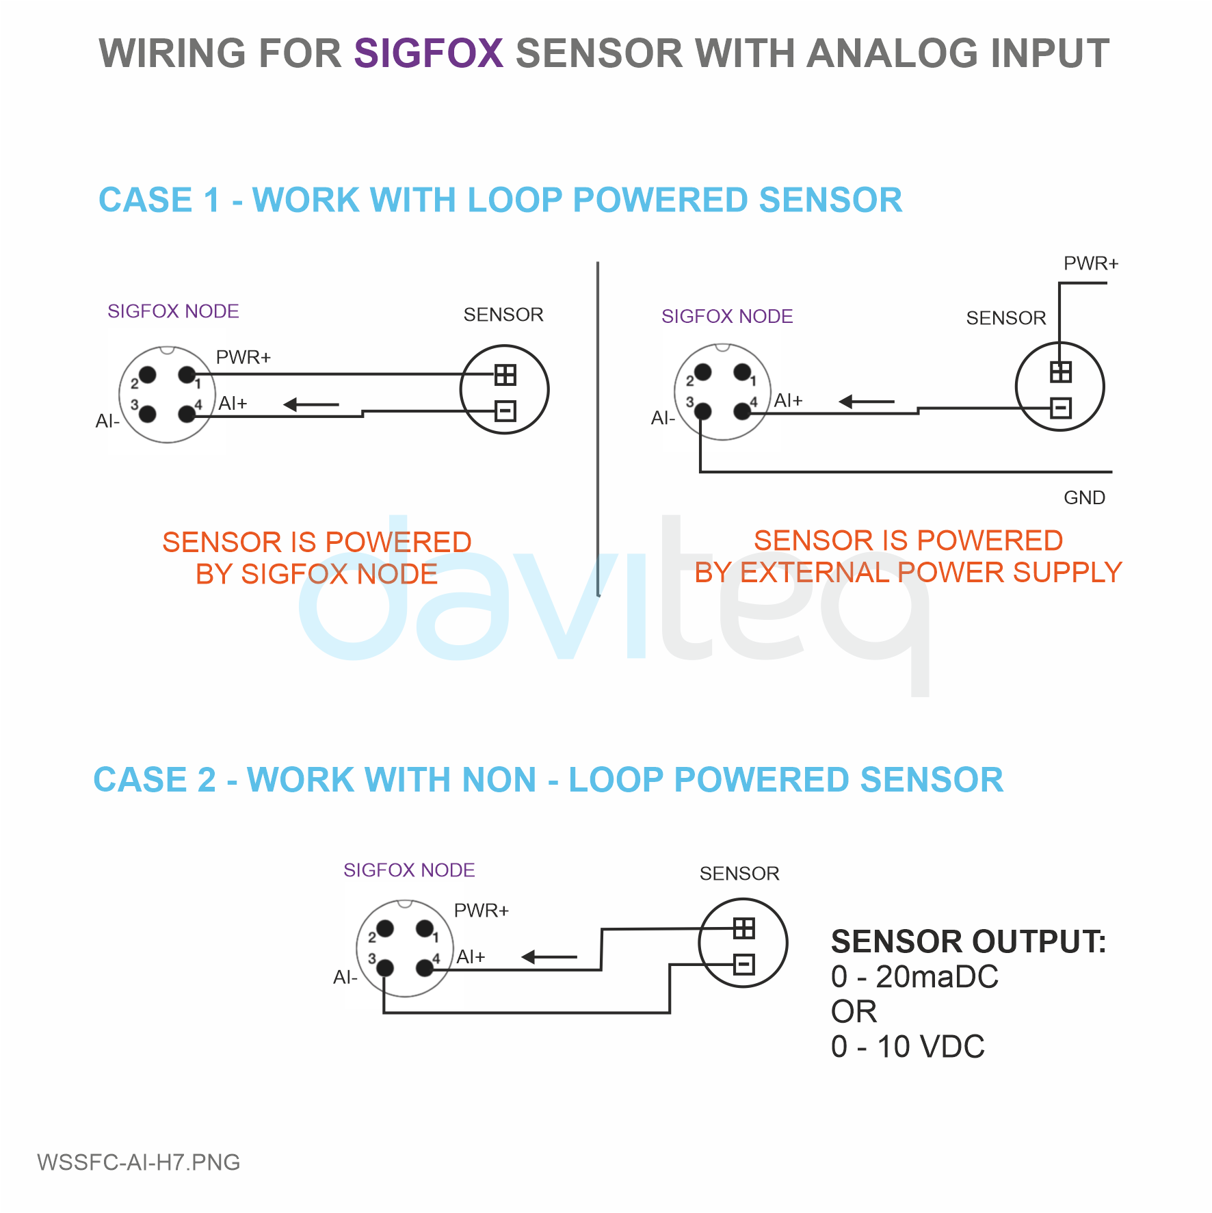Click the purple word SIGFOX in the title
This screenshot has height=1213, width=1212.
point(429,53)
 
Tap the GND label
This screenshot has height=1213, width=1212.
point(1084,497)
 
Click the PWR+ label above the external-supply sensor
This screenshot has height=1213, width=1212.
point(1091,263)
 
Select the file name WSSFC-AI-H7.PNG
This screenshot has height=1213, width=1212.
point(139,1162)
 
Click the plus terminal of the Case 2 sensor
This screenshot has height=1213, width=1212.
point(743,928)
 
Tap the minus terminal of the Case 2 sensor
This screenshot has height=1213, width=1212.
point(743,964)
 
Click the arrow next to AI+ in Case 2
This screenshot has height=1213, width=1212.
point(549,957)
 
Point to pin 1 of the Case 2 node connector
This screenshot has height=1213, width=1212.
point(425,928)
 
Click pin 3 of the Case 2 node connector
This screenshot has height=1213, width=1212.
point(385,967)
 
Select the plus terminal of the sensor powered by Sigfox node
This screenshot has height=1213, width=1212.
point(505,375)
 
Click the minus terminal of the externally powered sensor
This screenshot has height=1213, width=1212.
point(1060,408)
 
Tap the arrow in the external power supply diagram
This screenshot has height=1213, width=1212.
point(867,402)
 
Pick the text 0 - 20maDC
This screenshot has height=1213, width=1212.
point(914,977)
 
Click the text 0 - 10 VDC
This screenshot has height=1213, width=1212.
point(908,1047)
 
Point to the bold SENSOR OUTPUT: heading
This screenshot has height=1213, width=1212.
point(969,942)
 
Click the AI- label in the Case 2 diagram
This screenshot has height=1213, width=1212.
point(345,978)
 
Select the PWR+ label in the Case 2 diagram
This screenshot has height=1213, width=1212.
point(482,911)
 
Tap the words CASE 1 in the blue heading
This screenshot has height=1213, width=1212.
point(159,200)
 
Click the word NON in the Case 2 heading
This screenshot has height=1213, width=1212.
point(499,780)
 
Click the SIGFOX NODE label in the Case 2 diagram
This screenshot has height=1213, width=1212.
point(409,870)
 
